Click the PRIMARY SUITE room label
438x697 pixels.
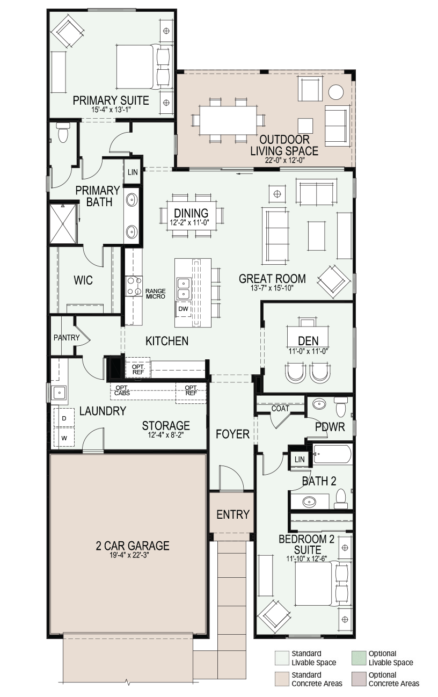111,100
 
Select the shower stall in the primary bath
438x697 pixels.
63,223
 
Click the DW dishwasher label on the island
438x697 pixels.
183,309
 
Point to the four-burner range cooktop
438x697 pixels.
134,286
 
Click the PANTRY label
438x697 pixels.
67,337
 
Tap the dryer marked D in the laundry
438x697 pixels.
64,418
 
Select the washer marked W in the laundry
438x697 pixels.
64,438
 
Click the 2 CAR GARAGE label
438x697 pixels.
133,546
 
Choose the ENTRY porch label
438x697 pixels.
233,514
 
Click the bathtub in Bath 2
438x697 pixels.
332,454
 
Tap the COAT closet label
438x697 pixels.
280,408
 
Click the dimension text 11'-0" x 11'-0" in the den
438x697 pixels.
308,351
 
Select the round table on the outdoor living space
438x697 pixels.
336,92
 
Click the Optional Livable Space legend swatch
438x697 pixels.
359,658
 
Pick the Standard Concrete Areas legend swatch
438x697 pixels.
282,679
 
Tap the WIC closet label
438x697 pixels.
83,280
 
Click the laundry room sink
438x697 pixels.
59,393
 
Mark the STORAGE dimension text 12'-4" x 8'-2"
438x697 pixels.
166,435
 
